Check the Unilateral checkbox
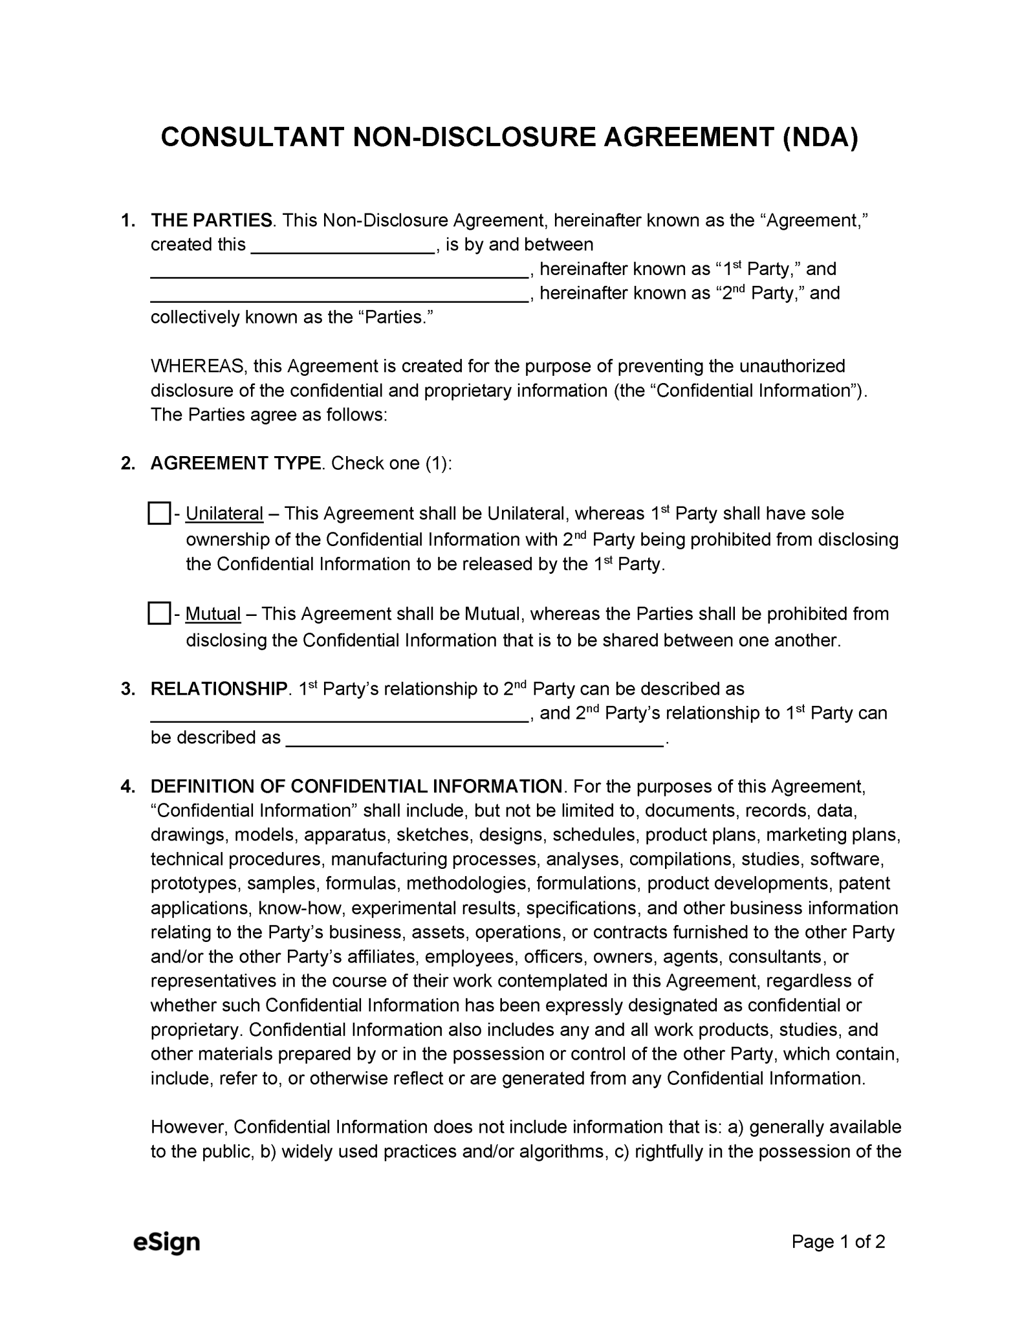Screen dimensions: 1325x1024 (158, 513)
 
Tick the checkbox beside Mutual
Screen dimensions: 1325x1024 (158, 613)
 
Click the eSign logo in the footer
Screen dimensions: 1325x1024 (166, 1242)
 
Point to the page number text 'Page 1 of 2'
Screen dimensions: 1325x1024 (838, 1241)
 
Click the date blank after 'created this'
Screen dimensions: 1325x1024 (342, 246)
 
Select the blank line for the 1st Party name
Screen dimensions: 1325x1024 (340, 270)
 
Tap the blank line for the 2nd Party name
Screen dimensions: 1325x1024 (340, 295)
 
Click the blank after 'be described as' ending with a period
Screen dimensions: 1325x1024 (475, 739)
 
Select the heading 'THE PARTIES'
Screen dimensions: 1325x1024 (212, 221)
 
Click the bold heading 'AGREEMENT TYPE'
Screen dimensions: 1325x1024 (235, 463)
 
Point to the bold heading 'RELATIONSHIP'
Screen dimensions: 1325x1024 (219, 689)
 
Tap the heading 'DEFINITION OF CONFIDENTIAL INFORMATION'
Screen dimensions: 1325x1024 (356, 787)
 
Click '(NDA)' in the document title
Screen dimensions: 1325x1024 (820, 137)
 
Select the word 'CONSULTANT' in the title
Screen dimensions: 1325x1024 (252, 137)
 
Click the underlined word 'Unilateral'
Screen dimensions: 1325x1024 (224, 514)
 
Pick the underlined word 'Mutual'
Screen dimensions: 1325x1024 (213, 614)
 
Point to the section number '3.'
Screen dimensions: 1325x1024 (128, 689)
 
